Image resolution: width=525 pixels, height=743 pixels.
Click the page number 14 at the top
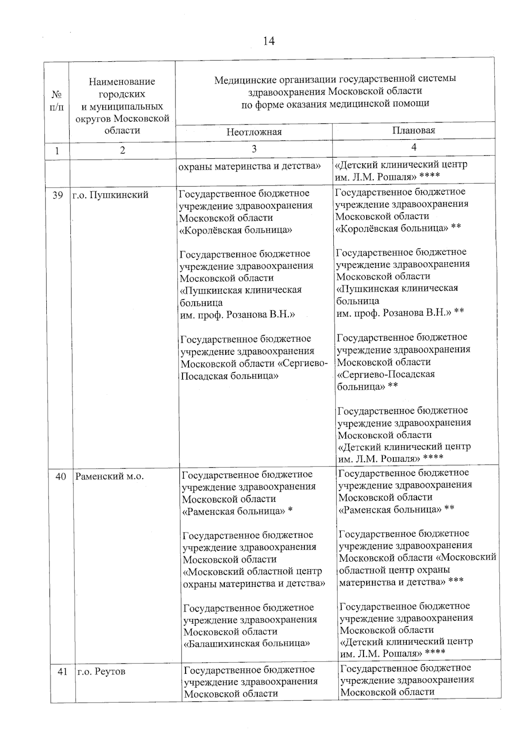point(269,41)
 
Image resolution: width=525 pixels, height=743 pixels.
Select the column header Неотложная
point(254,132)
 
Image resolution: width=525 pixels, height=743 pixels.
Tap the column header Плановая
point(413,130)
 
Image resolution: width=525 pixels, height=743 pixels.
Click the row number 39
point(58,196)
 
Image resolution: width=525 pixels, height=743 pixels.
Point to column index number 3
point(254,149)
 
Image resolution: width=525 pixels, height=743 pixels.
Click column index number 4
point(413,147)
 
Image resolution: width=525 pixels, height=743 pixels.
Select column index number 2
point(122,150)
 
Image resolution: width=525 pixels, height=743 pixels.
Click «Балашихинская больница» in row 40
point(247,644)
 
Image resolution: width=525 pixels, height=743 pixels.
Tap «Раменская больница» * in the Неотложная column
point(237,511)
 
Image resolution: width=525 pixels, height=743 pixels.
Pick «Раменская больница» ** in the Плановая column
point(396,509)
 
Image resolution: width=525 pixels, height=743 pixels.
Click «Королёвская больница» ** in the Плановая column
point(398,228)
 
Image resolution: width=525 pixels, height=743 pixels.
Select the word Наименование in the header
point(122,81)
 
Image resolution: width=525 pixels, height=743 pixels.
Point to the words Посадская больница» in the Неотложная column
point(230,375)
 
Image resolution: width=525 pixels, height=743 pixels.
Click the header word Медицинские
point(241,79)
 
